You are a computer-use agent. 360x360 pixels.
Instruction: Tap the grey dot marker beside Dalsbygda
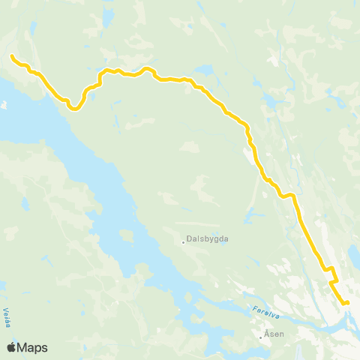(184, 241)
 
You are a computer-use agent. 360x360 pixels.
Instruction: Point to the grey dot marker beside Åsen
(260, 337)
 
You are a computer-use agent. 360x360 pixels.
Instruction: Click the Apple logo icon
(12, 347)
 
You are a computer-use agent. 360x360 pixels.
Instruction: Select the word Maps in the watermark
(33, 348)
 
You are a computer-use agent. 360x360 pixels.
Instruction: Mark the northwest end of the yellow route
(12, 55)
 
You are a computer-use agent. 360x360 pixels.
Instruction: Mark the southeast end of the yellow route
(347, 302)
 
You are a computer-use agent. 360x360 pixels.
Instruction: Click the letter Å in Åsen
(267, 334)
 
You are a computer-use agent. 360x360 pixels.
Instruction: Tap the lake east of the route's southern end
(355, 256)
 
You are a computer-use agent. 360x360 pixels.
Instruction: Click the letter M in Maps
(24, 348)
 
